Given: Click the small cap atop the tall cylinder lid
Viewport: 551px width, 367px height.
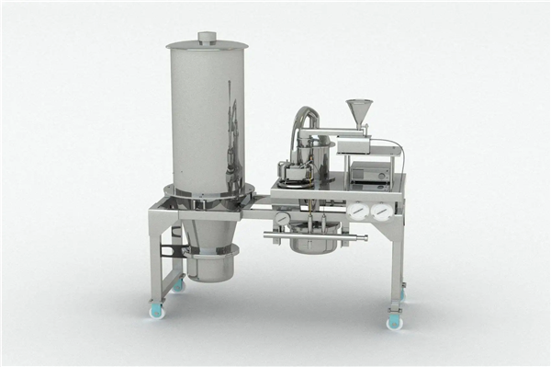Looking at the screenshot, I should click(207, 38).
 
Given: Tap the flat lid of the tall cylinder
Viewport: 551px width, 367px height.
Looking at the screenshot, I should click(207, 45).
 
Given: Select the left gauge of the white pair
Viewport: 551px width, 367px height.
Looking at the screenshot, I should click(358, 211).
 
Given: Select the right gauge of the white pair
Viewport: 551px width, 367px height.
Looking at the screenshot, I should click(381, 211).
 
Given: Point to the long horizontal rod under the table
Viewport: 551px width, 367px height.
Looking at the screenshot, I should click(314, 237).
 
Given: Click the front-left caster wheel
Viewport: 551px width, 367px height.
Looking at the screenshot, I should click(156, 310).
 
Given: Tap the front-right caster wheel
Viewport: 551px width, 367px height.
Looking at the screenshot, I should click(395, 321).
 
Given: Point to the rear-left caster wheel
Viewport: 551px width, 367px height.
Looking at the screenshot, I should click(178, 285).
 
